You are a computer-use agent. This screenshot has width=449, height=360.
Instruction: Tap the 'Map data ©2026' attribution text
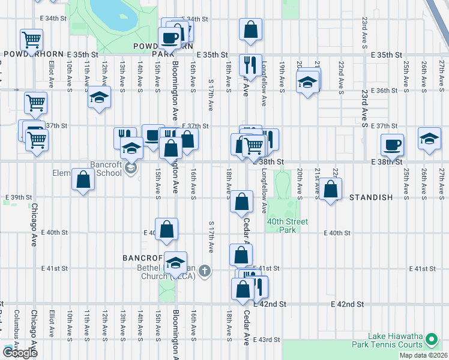click(x=423, y=355)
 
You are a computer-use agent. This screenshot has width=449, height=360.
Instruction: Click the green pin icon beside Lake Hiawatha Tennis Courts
click(x=431, y=341)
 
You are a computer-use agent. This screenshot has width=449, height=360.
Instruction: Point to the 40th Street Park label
click(x=288, y=226)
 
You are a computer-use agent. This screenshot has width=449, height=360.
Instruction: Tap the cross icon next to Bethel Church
click(x=205, y=271)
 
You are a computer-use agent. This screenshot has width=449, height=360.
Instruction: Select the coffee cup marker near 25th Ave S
click(x=392, y=144)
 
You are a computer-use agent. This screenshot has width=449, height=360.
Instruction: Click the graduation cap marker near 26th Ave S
click(x=429, y=140)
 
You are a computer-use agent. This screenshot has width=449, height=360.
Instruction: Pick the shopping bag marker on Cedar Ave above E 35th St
click(x=250, y=29)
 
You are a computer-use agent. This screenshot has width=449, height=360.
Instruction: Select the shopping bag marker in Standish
click(x=331, y=189)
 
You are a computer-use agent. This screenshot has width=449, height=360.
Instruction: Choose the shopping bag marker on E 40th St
click(x=167, y=229)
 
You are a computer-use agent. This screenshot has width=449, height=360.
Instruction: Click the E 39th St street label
click(x=18, y=197)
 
